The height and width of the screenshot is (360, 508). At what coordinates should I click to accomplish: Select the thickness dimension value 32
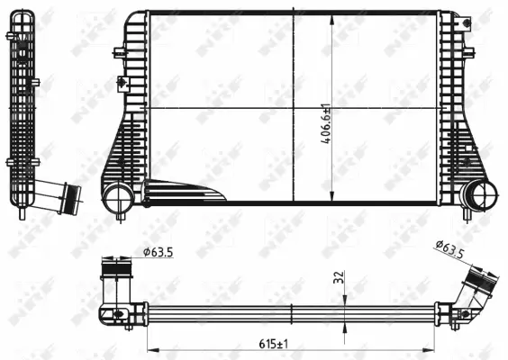(x=337, y=278)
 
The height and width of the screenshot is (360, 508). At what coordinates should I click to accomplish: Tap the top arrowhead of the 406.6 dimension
(x=334, y=18)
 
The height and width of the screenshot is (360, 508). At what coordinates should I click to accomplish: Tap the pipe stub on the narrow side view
(x=64, y=196)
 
